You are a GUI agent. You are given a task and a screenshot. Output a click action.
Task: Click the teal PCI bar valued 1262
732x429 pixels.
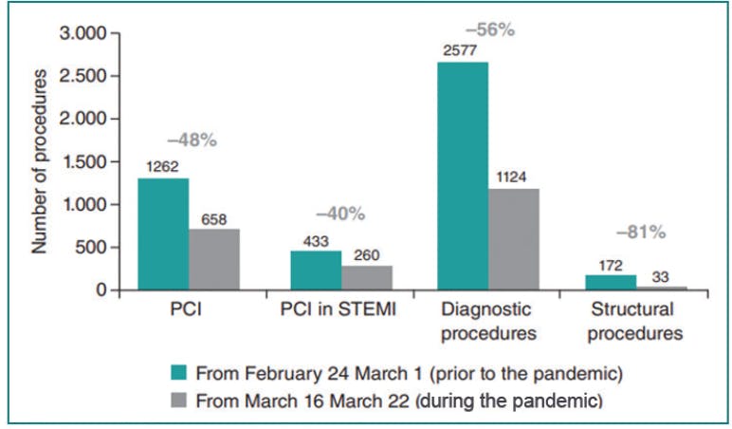[163, 234]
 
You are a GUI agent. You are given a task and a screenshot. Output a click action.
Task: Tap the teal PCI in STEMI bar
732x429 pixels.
[316, 270]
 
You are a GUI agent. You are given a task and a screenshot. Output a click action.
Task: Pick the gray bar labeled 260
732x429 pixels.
[367, 277]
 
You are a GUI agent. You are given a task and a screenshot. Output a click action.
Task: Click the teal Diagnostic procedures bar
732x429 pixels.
[463, 176]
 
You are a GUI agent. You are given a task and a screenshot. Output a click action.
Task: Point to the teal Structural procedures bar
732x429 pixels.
[611, 282]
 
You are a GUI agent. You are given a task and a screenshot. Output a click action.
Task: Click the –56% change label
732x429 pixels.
[491, 29]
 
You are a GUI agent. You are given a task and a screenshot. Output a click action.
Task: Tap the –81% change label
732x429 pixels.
[641, 231]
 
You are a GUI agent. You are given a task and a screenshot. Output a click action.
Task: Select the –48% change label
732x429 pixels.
[192, 140]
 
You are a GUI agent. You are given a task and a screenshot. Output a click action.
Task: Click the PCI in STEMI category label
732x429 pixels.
[339, 310]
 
